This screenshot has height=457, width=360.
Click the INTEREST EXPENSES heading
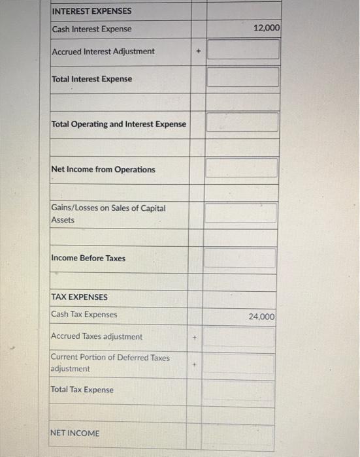click(91, 11)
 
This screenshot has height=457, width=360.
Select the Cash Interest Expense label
click(91, 29)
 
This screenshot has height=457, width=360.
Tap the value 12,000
click(265, 29)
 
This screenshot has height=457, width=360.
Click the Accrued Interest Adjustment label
click(103, 51)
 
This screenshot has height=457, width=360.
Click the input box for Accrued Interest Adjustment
click(243, 50)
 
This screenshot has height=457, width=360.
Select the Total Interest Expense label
click(91, 79)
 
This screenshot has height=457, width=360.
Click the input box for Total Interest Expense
click(243, 77)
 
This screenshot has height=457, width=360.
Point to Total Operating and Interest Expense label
click(119, 124)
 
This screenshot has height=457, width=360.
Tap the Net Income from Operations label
click(103, 169)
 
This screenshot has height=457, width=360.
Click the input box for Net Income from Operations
click(242, 168)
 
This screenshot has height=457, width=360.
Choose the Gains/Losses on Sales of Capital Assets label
click(108, 213)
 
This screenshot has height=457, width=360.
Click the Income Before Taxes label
click(88, 258)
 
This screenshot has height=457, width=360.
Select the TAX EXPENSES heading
click(79, 296)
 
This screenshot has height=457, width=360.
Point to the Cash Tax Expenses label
click(84, 314)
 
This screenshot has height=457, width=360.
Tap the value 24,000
click(262, 316)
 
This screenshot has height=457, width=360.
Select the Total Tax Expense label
click(82, 390)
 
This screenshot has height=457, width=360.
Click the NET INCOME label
click(74, 433)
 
